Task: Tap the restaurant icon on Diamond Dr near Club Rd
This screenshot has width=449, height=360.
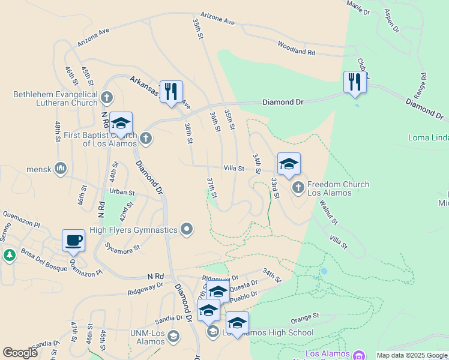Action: click(355, 82)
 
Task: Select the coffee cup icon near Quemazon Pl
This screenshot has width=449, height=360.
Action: click(74, 241)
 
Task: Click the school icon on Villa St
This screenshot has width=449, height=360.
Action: click(289, 164)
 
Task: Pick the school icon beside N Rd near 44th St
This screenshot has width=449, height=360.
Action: click(121, 124)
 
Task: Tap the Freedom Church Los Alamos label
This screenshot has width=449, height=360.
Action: click(338, 188)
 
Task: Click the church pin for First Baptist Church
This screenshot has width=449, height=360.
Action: click(145, 139)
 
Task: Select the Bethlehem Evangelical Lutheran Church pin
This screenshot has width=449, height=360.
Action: click(107, 97)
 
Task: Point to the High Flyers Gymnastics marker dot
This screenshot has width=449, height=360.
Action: click(187, 229)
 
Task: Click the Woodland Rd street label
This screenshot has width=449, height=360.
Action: click(296, 49)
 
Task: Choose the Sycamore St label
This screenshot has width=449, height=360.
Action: click(122, 246)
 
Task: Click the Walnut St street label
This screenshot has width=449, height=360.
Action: click(328, 212)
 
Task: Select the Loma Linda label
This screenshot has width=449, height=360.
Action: click(428, 137)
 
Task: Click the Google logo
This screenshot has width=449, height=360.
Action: click(20, 352)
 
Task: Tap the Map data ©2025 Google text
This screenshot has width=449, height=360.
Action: click(412, 355)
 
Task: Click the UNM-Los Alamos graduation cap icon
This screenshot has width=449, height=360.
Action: click(173, 335)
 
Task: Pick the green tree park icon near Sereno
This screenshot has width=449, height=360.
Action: click(9, 256)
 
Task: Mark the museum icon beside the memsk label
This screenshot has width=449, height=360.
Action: click(60, 169)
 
